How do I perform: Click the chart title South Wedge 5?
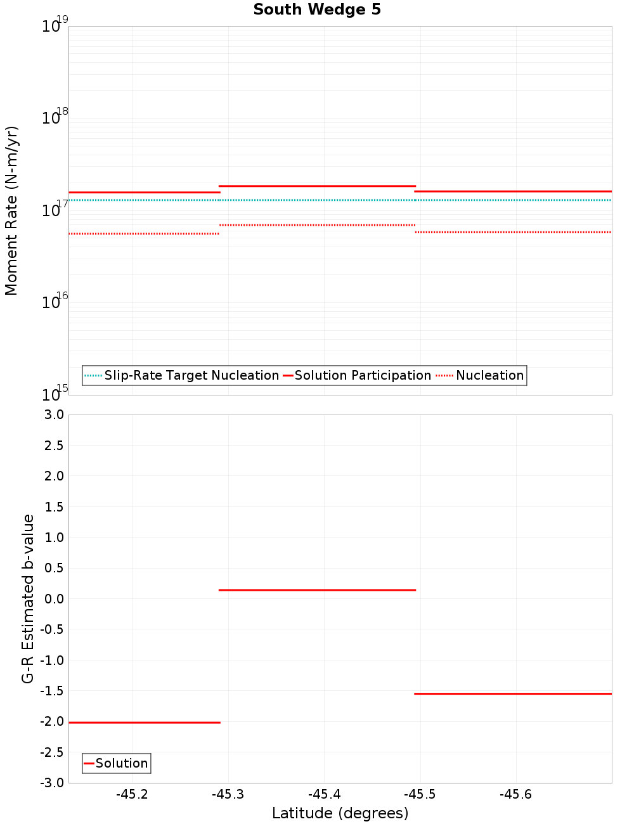pyautogui.click(x=317, y=10)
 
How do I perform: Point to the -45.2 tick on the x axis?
pyautogui.click(x=133, y=795)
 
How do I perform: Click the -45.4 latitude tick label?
pyautogui.click(x=324, y=795)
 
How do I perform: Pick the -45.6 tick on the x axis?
pyautogui.click(x=515, y=795)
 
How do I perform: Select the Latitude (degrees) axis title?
pyautogui.click(x=340, y=814)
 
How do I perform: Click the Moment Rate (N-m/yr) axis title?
pyautogui.click(x=11, y=210)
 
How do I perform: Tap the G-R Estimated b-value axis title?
pyautogui.click(x=28, y=598)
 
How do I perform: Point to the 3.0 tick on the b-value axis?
pyautogui.click(x=52, y=415)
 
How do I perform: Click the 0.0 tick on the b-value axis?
pyautogui.click(x=52, y=599)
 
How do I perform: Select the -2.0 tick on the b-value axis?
pyautogui.click(x=51, y=722)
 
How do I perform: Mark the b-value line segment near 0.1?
pyautogui.click(x=317, y=590)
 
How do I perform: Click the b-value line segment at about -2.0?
pyautogui.click(x=145, y=723)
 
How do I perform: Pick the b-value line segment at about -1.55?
pyautogui.click(x=513, y=694)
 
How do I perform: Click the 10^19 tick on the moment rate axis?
pyautogui.click(x=55, y=27)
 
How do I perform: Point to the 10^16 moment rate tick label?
pyautogui.click(x=55, y=302)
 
